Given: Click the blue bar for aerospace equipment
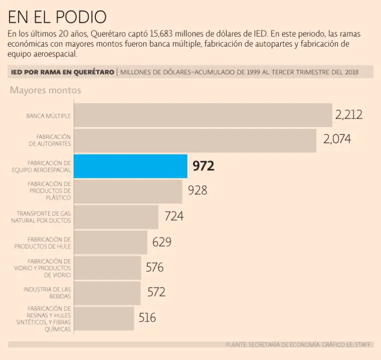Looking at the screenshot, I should (x=130, y=166).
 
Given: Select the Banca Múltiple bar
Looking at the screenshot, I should (x=203, y=115).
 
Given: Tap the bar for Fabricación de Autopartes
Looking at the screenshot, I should (x=195, y=140).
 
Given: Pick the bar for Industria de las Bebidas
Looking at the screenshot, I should (x=107, y=293).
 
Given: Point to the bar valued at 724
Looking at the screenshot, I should (x=116, y=217).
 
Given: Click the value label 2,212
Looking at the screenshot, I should (x=349, y=115).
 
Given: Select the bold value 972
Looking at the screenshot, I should (x=203, y=166).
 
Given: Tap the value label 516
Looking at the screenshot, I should (x=147, y=318).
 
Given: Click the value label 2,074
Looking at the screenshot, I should (x=337, y=139).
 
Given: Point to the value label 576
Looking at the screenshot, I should (x=155, y=268).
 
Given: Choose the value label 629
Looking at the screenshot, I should (x=162, y=242).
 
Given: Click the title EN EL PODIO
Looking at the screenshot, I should (x=57, y=17).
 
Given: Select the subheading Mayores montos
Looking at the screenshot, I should (x=45, y=90).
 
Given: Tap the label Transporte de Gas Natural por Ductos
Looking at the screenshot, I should (x=41, y=217).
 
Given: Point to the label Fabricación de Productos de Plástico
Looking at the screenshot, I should (x=49, y=190).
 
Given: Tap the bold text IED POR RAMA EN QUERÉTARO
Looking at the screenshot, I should (x=63, y=72).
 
